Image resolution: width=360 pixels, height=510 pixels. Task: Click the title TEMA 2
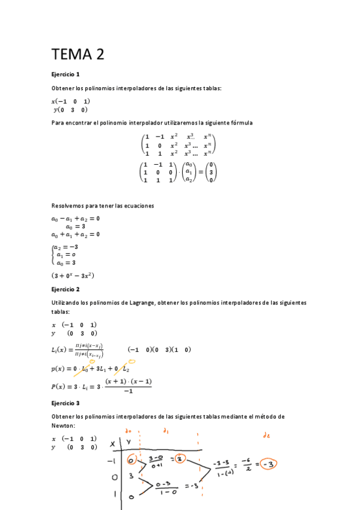78,55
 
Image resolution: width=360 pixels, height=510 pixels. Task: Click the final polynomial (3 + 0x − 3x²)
73,276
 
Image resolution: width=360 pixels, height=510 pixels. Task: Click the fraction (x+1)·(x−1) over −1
128,386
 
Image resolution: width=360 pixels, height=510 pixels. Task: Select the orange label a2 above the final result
264,434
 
